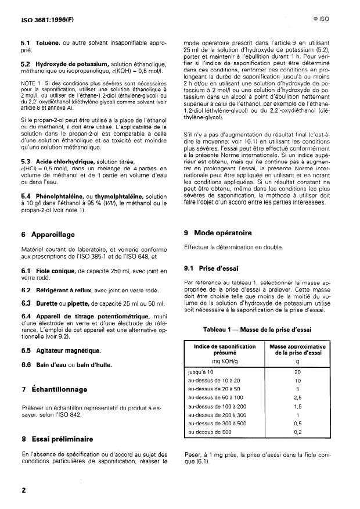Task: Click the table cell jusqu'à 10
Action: [199, 370]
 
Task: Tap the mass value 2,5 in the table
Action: [297, 398]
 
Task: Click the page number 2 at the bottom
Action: [24, 490]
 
